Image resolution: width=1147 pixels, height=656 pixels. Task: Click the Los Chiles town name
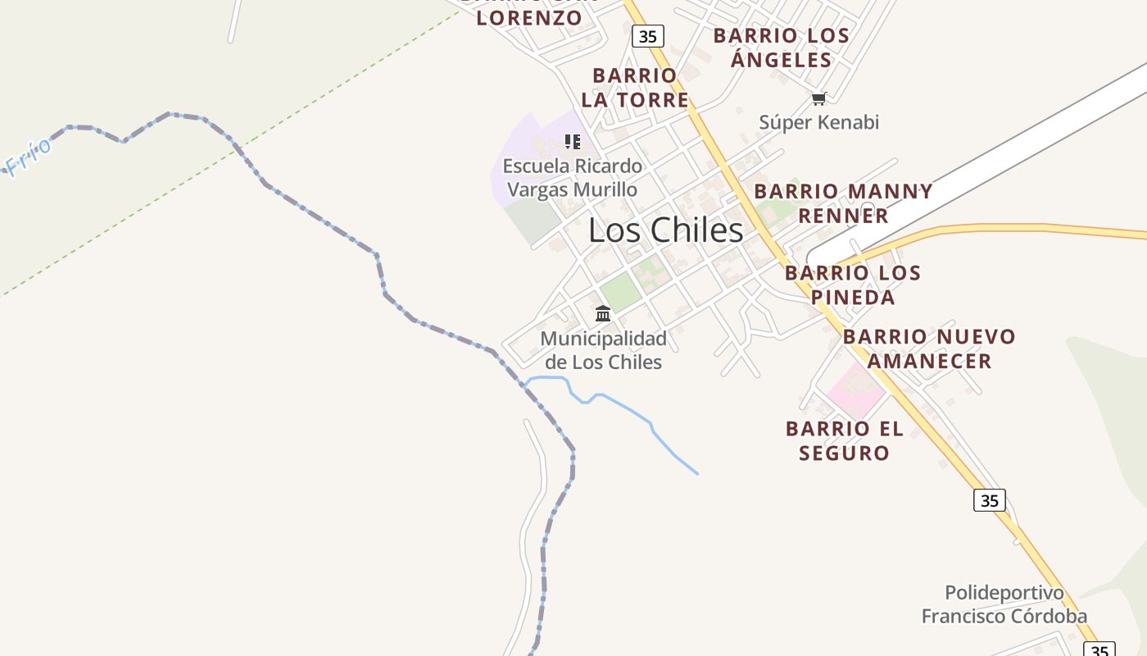point(665,230)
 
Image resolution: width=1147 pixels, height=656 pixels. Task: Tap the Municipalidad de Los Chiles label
point(603,350)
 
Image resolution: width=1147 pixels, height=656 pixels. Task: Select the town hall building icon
point(603,313)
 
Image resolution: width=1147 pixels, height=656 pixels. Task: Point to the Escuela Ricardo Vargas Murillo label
point(572,177)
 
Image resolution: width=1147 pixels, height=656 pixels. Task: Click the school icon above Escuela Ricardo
point(573,141)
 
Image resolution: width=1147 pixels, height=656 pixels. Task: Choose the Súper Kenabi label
point(818,122)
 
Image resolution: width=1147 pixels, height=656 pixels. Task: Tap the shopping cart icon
point(818,98)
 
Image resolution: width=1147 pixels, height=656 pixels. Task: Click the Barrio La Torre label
point(635,88)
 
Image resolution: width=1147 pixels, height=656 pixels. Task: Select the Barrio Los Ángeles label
point(781,48)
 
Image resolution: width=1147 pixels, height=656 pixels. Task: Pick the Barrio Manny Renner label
point(843,203)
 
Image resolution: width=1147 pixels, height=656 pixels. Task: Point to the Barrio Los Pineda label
point(853,285)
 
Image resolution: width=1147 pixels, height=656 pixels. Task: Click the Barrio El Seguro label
point(844,440)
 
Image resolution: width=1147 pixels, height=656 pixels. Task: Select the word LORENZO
point(528,18)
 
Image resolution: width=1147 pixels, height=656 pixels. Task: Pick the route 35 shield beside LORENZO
point(647,36)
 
